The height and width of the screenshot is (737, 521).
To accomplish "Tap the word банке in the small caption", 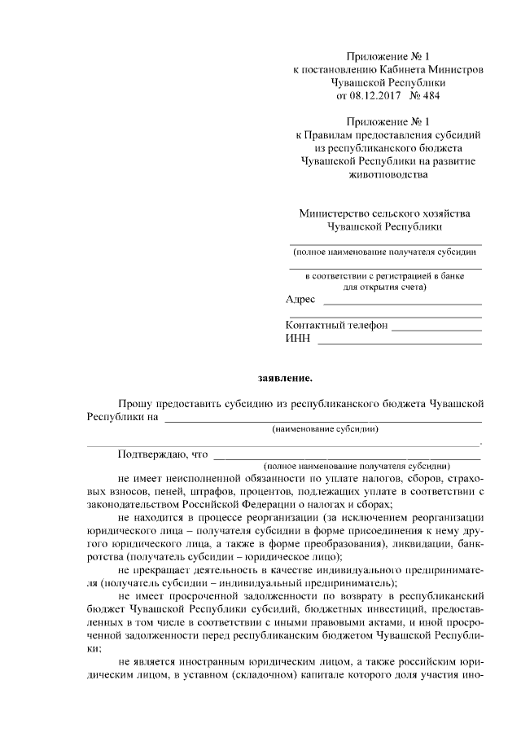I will click(x=452, y=276).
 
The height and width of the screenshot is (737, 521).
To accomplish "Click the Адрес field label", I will click(x=300, y=300).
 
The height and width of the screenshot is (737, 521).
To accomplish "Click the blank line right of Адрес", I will click(x=402, y=303).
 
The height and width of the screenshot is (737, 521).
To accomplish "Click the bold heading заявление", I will click(x=285, y=378).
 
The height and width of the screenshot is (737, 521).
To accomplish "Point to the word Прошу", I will click(x=135, y=403).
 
